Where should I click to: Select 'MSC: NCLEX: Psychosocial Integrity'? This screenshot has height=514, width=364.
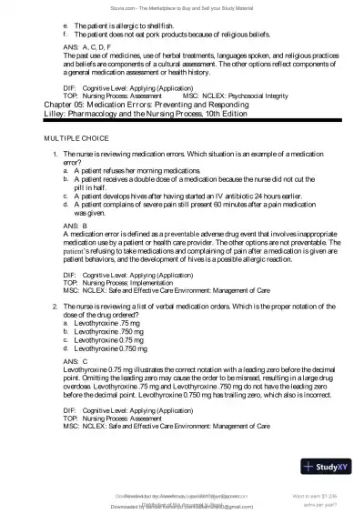(x=236, y=120)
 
